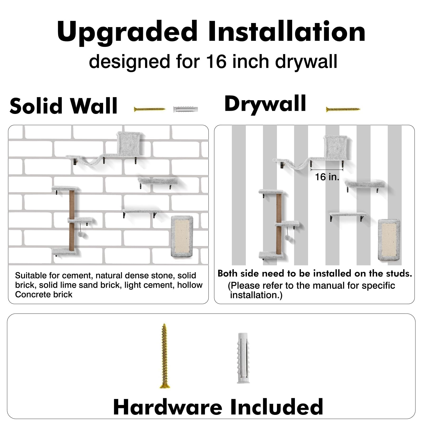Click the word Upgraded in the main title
point(127,32)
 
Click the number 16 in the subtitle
point(216,61)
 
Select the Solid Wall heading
point(63,106)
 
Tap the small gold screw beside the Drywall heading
point(343,109)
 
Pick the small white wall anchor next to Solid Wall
point(185,109)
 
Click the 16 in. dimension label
point(327,177)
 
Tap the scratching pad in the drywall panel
point(389,240)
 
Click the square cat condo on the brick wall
point(130,143)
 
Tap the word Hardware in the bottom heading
point(167,407)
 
